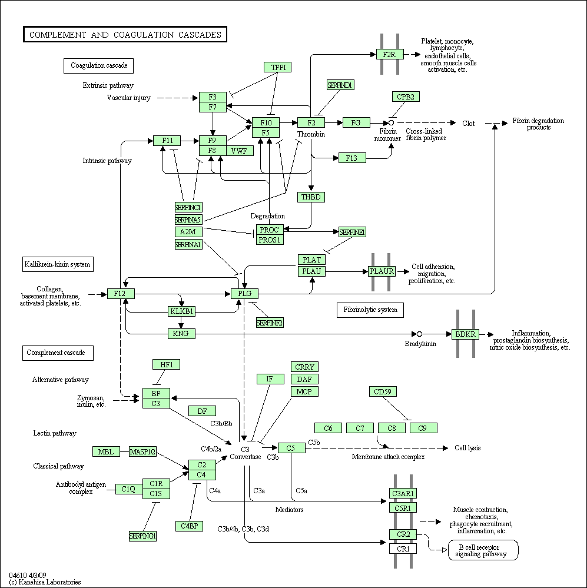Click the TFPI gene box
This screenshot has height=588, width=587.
click(x=278, y=67)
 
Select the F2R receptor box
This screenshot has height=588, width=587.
click(x=389, y=54)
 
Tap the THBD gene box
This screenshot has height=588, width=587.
click(x=311, y=197)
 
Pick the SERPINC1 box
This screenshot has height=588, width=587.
click(x=188, y=207)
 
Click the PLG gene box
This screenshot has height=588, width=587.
click(x=244, y=293)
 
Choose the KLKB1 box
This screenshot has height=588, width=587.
click(x=181, y=311)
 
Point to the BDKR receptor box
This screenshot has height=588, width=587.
click(x=465, y=334)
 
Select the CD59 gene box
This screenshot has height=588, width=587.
click(x=383, y=391)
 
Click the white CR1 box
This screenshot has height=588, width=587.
click(x=403, y=549)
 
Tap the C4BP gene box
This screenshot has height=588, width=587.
click(x=190, y=526)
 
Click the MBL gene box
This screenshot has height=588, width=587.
click(x=106, y=451)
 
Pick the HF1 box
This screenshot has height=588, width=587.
click(x=167, y=364)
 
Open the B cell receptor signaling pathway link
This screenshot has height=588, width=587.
click(x=483, y=550)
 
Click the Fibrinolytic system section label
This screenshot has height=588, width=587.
click(x=370, y=310)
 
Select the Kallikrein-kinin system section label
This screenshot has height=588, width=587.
click(x=58, y=264)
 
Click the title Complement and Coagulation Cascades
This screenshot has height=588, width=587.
click(x=125, y=35)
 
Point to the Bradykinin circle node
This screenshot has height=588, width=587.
click(x=420, y=334)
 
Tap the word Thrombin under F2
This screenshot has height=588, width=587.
click(x=311, y=134)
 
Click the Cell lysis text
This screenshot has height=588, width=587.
click(x=467, y=448)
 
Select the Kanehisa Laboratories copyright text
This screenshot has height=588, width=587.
click(x=45, y=582)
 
